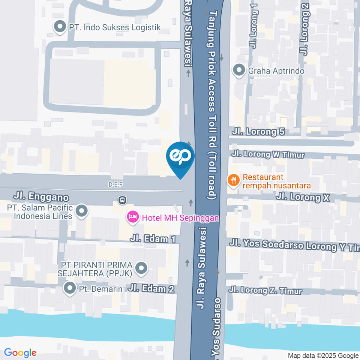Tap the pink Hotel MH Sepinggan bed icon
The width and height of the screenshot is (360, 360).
(x=132, y=217)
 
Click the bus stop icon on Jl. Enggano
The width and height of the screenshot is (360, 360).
(x=122, y=200)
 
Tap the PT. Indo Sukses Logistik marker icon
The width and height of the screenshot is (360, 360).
(x=59, y=27)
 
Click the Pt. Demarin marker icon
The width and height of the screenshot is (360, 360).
(x=69, y=289)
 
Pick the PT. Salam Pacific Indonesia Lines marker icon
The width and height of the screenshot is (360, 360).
(x=81, y=211)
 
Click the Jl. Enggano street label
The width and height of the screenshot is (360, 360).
(x=41, y=196)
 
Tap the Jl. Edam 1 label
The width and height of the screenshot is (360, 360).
(x=153, y=239)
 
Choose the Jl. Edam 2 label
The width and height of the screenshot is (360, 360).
(x=151, y=289)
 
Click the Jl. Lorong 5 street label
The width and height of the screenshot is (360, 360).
(x=258, y=132)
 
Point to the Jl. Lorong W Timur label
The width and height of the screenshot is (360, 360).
(x=268, y=154)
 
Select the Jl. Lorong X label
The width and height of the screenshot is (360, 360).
(x=303, y=197)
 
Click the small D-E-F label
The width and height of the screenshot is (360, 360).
(x=115, y=184)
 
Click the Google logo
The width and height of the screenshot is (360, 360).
(x=20, y=352)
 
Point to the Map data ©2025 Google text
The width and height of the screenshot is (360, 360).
(x=323, y=355)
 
